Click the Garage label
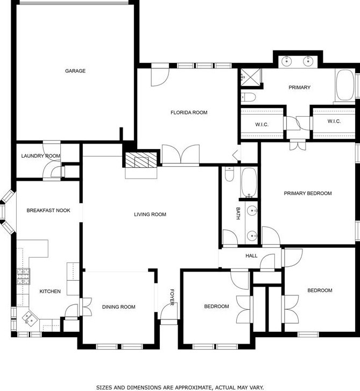click(75, 71)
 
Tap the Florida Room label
click(189, 112)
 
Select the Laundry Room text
click(41, 156)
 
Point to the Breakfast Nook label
click(48, 210)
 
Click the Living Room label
click(150, 215)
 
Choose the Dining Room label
click(118, 307)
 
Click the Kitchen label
click(50, 292)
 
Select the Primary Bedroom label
click(308, 193)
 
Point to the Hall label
click(252, 256)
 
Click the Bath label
click(238, 214)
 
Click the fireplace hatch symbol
click(140, 160)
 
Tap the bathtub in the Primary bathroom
click(344, 86)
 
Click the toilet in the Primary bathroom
click(248, 97)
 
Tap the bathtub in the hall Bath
click(249, 182)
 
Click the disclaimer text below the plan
click(180, 387)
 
